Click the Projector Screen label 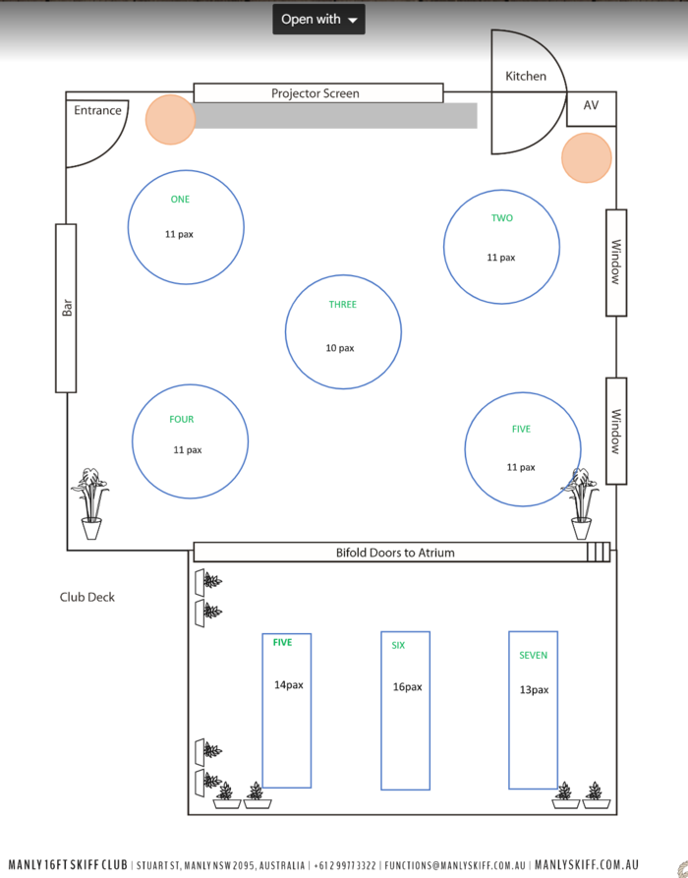pos(315,93)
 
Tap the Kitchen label pos(526,76)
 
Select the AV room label pos(591,105)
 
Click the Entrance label pos(98,110)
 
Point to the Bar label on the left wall pos(67,307)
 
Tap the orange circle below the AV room pos(587,157)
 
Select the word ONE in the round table pos(180,200)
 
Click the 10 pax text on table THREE pos(340,348)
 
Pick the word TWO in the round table pos(502,218)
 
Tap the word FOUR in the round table pos(182,420)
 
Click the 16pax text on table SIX pos(407,687)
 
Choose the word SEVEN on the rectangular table pos(534,656)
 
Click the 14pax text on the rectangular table pos(288,685)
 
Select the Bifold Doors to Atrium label pos(395,553)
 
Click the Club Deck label pos(87,597)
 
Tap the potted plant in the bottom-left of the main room pos(90,503)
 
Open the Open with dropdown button pos(318,19)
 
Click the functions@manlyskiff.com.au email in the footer pos(455,865)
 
